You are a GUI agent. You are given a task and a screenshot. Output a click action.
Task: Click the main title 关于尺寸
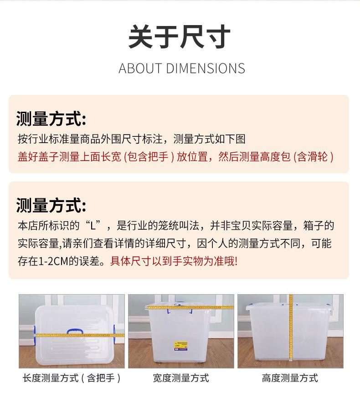click(x=180, y=37)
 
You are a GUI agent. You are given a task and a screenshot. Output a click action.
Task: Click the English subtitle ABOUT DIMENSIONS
click(x=181, y=68)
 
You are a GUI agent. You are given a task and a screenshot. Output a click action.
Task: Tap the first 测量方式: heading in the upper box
click(x=51, y=119)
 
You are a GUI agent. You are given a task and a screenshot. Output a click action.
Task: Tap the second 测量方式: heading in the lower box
click(x=51, y=205)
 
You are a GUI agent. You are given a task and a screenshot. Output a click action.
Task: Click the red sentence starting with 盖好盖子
click(x=175, y=157)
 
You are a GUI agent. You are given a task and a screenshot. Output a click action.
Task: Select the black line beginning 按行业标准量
click(x=131, y=139)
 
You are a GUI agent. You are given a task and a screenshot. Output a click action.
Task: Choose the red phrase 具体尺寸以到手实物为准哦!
click(x=174, y=262)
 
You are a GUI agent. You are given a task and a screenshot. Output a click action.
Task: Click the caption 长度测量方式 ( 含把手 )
click(x=72, y=378)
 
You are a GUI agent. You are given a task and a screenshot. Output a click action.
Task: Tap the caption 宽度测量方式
click(x=181, y=378)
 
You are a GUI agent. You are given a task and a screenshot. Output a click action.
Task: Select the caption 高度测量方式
click(x=290, y=378)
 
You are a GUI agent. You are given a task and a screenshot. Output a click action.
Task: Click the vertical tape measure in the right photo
click(x=290, y=333)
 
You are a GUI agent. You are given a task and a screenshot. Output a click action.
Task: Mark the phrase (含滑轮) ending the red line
click(x=314, y=157)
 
